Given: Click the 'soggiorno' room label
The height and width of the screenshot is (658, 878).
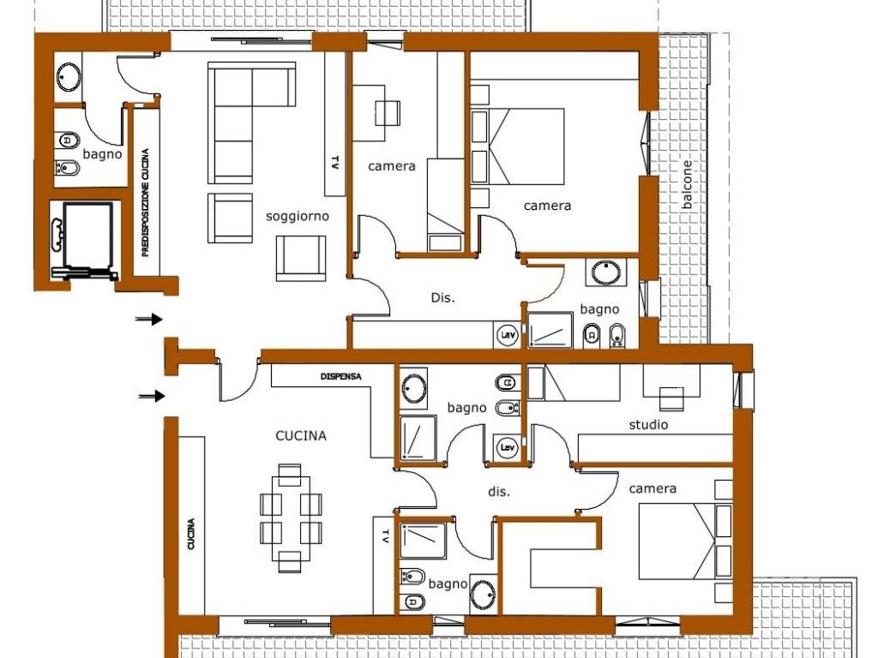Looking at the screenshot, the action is click(298, 217).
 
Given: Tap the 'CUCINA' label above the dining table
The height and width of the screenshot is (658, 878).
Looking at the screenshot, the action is click(301, 435).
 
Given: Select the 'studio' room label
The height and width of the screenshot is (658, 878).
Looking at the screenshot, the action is click(648, 425).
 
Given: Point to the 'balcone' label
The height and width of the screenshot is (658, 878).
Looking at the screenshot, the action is click(687, 185).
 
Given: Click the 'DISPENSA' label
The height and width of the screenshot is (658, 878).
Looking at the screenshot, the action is click(341, 377).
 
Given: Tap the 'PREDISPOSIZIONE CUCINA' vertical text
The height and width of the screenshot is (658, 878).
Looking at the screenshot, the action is click(146, 202).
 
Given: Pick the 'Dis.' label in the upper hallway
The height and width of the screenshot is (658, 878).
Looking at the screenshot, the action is click(443, 297).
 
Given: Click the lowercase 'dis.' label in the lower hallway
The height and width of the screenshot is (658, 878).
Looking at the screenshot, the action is click(499, 492).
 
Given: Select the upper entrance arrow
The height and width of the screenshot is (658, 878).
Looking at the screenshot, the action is click(149, 320).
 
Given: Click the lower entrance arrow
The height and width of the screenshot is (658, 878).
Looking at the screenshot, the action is click(152, 396).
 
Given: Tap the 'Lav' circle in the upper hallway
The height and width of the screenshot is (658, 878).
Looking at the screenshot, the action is click(508, 335).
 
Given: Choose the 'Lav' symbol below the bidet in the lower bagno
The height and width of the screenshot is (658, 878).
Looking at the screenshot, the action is click(508, 447).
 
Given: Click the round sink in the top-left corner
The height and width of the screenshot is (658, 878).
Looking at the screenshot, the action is click(69, 76).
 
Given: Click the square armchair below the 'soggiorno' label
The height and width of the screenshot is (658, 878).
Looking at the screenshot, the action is click(301, 258).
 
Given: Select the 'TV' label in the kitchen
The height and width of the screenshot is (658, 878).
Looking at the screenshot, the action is click(385, 536).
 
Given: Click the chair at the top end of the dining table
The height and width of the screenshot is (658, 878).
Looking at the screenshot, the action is click(290, 470).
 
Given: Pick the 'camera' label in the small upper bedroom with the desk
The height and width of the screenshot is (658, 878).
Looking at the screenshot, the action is click(392, 166).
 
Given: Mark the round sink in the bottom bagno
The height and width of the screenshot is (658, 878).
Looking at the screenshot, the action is click(483, 595).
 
